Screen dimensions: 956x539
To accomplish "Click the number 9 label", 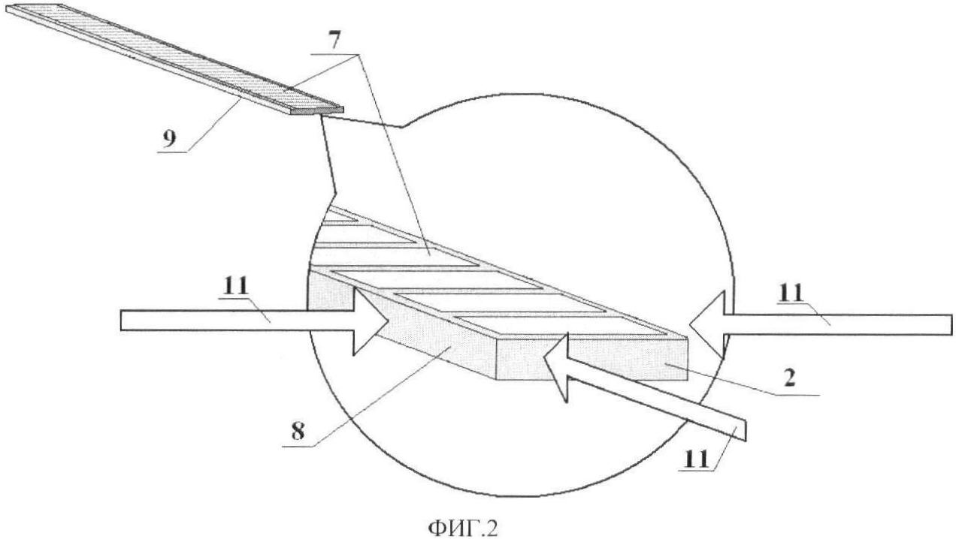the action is coord(169,139).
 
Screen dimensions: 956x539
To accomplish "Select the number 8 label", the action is coord(298,431).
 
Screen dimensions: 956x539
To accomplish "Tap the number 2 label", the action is coord(790,378).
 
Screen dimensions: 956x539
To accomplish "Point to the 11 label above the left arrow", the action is coord(235,286).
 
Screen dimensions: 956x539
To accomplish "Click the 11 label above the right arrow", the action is coord(791,293).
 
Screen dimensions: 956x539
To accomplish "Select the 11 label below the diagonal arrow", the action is coord(697,459).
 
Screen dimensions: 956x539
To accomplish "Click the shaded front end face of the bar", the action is coord(591,359).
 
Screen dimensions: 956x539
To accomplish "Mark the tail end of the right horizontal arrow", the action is coord(951,325).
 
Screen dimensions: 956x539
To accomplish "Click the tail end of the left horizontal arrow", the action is coord(122,321).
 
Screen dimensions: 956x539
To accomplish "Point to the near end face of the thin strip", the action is coord(316,111).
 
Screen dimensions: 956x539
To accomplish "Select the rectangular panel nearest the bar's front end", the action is coord(559,325).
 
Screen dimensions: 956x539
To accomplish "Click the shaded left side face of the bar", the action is coord(401,324).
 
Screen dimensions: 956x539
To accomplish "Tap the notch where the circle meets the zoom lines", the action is coord(401,127).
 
